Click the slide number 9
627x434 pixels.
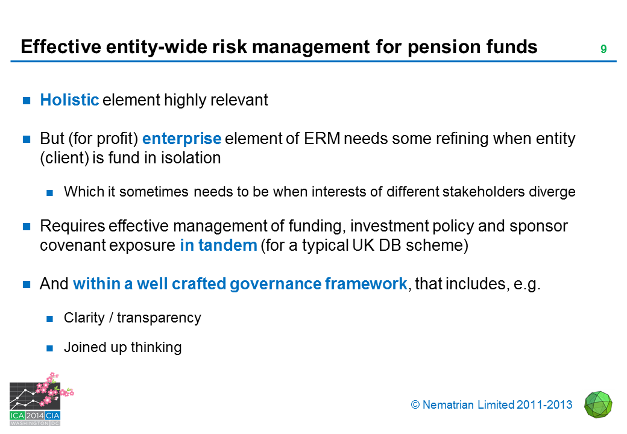[x=603, y=49]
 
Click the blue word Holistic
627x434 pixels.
[x=69, y=100]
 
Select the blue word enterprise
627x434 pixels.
[x=182, y=139]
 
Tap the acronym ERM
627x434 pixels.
[x=322, y=139]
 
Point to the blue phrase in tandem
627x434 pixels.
[x=218, y=245]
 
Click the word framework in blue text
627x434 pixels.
[x=366, y=284]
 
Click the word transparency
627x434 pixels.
[x=159, y=318]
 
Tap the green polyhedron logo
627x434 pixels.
[x=598, y=405]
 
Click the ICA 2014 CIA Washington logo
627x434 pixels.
[x=40, y=400]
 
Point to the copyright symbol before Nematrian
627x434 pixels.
[x=415, y=405]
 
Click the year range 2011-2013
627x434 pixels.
[x=544, y=405]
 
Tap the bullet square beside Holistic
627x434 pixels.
[x=27, y=100]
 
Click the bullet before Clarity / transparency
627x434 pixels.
[x=49, y=318]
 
